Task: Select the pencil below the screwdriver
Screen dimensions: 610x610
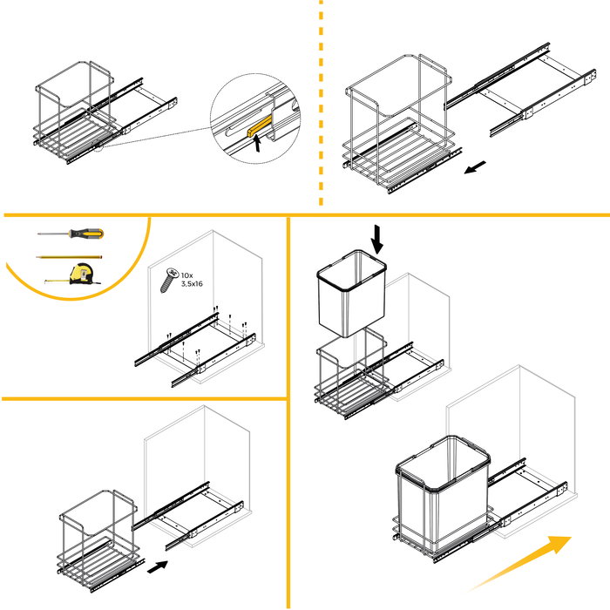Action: [71, 257]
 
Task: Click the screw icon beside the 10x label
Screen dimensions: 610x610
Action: [169, 281]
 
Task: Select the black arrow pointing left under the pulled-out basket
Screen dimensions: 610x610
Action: [476, 167]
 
